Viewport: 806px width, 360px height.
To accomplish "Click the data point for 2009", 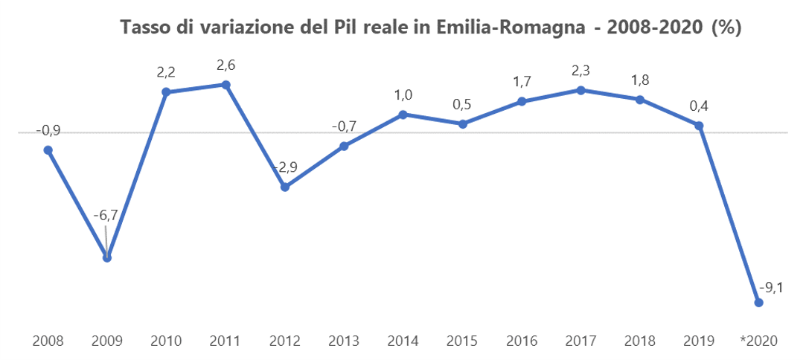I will [x=107, y=258].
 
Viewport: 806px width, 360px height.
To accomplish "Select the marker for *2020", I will [x=758, y=303].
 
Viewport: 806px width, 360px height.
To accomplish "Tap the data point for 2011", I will [x=226, y=85].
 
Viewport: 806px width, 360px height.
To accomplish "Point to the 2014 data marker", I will [x=403, y=115].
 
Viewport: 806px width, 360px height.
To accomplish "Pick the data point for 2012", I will [x=285, y=187].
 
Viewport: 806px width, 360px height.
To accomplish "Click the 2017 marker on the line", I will [x=580, y=90].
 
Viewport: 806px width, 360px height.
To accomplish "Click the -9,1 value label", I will [x=770, y=288].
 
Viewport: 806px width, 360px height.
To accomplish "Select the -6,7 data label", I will [x=106, y=216].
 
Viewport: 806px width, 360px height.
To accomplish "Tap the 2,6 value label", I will [x=226, y=65].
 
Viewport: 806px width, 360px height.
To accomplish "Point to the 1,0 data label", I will [x=403, y=94].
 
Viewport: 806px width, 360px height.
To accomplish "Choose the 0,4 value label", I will [x=699, y=106].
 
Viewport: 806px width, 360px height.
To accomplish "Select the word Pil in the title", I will [x=339, y=28].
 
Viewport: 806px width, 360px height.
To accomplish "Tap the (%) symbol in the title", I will [x=726, y=28].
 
